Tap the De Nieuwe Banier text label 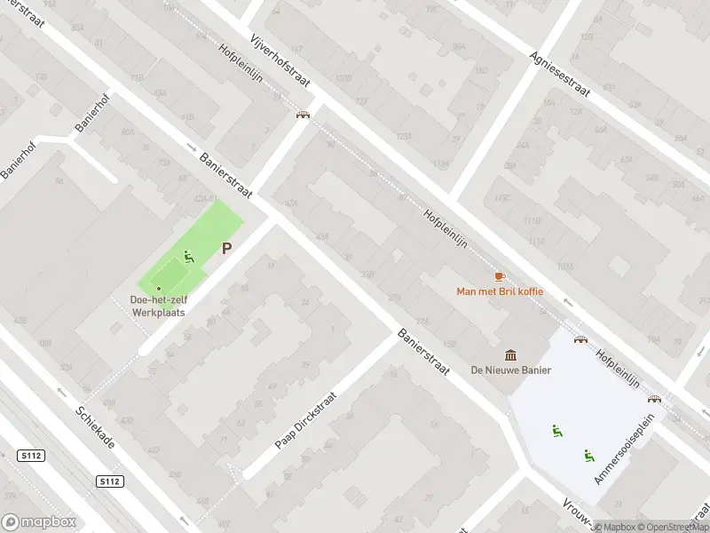[x=511, y=370]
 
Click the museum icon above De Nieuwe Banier [x=511, y=354]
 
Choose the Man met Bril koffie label [x=500, y=291]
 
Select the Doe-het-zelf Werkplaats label [x=159, y=306]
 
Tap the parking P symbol [x=226, y=249]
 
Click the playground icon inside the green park [x=187, y=258]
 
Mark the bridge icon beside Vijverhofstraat [x=303, y=115]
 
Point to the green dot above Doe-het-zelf [x=159, y=288]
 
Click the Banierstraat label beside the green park [x=226, y=176]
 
